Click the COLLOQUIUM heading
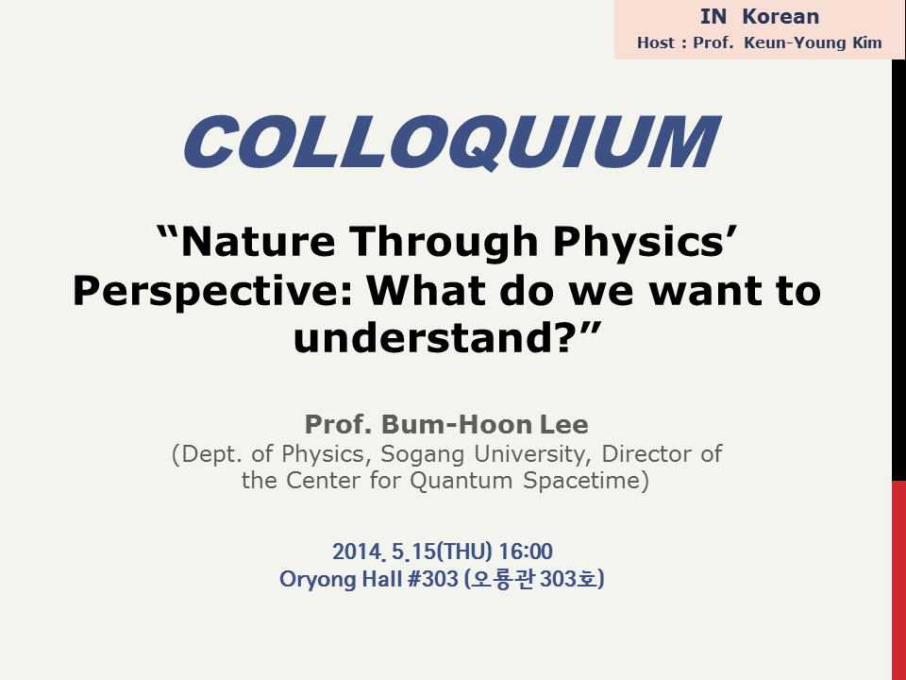[x=452, y=142]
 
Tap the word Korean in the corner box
[x=780, y=17]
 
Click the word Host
[x=656, y=42]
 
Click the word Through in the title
[x=445, y=243]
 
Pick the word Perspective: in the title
[x=211, y=292]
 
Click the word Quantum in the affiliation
[x=461, y=481]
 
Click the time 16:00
[x=526, y=551]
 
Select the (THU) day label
[x=464, y=551]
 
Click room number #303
[x=433, y=579]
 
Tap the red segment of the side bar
[x=899, y=580]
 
